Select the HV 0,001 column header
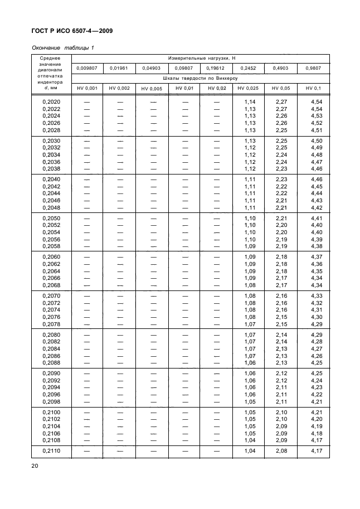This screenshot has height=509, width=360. (87, 88)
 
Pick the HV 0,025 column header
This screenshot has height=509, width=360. (249, 88)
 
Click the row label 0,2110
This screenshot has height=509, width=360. (52, 449)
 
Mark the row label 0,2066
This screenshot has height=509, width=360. (52, 278)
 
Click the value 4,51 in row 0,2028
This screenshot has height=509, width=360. (316, 130)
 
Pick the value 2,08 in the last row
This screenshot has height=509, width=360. (281, 449)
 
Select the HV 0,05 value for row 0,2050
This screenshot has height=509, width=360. (281, 218)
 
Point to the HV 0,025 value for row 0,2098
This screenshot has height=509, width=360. (250, 401)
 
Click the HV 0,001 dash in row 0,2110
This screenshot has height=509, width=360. (87, 449)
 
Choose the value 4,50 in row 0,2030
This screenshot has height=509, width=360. (316, 140)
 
